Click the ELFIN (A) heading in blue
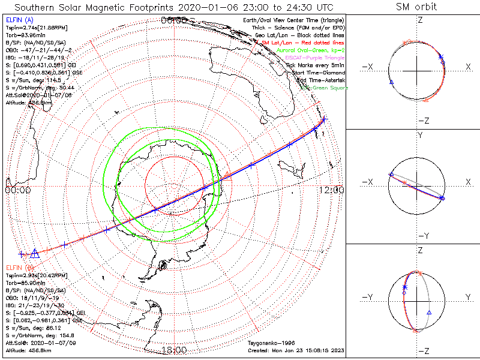click(19, 20)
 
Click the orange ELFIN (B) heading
click(19, 266)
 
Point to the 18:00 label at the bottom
click(174, 350)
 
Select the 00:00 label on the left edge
click(17, 190)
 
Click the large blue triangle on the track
click(35, 254)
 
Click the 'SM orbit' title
click(416, 7)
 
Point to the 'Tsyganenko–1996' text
click(270, 343)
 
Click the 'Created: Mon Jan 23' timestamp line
click(296, 350)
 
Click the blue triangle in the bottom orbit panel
click(429, 313)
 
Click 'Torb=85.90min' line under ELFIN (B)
click(28, 281)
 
